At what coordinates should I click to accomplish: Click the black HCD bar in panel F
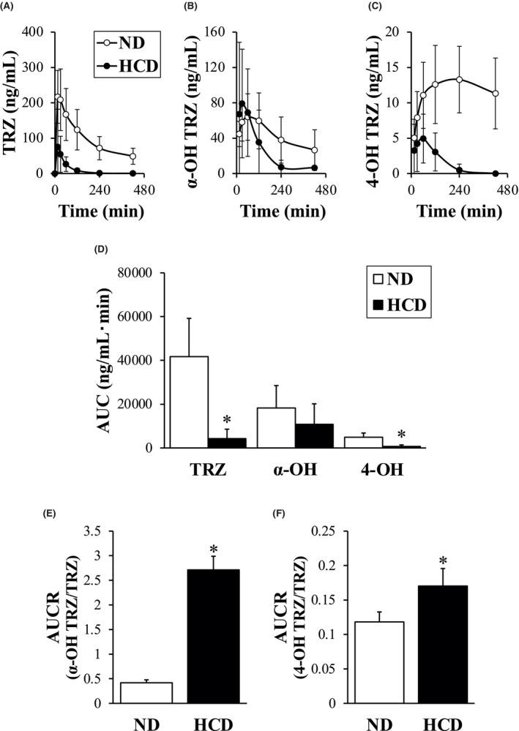click(x=443, y=644)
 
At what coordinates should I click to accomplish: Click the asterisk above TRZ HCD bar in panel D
click(x=227, y=420)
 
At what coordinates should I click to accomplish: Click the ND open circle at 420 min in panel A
click(x=132, y=156)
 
